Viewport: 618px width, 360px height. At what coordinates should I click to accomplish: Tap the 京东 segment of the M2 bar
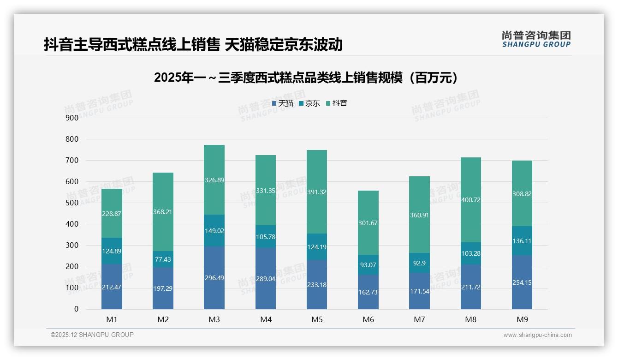(x=163, y=259)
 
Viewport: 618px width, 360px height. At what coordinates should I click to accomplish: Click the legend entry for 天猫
(x=282, y=103)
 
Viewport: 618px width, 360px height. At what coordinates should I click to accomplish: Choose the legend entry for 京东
(x=309, y=103)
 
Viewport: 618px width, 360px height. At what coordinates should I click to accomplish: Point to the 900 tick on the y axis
(x=72, y=118)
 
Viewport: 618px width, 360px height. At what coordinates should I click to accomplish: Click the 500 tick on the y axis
(x=72, y=203)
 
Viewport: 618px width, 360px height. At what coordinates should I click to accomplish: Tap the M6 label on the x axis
(x=368, y=319)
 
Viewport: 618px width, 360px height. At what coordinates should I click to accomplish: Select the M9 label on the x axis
(x=522, y=319)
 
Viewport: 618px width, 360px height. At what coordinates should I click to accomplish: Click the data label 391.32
(x=317, y=192)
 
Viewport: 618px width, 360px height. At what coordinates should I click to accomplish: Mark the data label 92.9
(x=419, y=263)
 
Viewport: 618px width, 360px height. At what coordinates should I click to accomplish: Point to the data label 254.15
(x=522, y=282)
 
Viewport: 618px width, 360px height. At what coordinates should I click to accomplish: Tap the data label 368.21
(x=163, y=212)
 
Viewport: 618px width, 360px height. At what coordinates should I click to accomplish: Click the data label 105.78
(x=265, y=237)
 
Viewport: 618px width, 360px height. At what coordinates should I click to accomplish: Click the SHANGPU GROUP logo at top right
(x=536, y=39)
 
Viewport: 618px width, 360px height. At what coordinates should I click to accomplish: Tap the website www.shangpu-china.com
(x=537, y=335)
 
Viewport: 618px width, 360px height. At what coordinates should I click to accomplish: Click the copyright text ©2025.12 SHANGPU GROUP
(x=92, y=335)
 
